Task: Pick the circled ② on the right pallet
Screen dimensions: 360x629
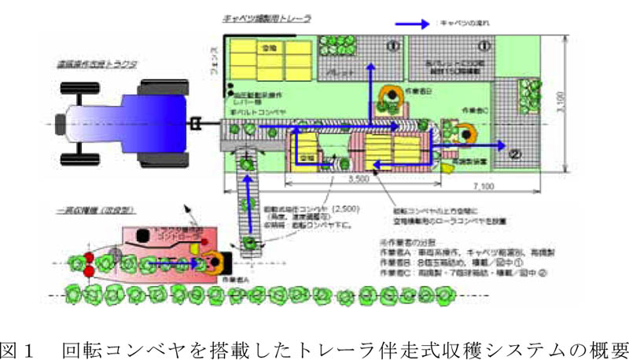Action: click(x=517, y=152)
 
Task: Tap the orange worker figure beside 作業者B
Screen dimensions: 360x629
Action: click(x=388, y=95)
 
